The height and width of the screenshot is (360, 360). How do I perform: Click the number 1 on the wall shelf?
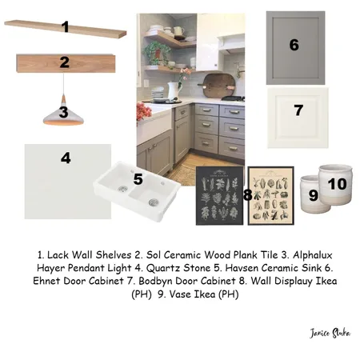[65, 28]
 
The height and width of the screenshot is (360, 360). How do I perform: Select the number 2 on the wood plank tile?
[64, 62]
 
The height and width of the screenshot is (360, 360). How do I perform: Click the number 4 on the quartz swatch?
[66, 158]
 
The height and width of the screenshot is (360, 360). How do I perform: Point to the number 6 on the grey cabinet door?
[294, 46]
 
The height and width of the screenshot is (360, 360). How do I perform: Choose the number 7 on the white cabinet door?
[298, 111]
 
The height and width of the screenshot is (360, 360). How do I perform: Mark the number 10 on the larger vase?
[337, 185]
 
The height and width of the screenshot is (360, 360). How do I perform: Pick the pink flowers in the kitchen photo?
[145, 111]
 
